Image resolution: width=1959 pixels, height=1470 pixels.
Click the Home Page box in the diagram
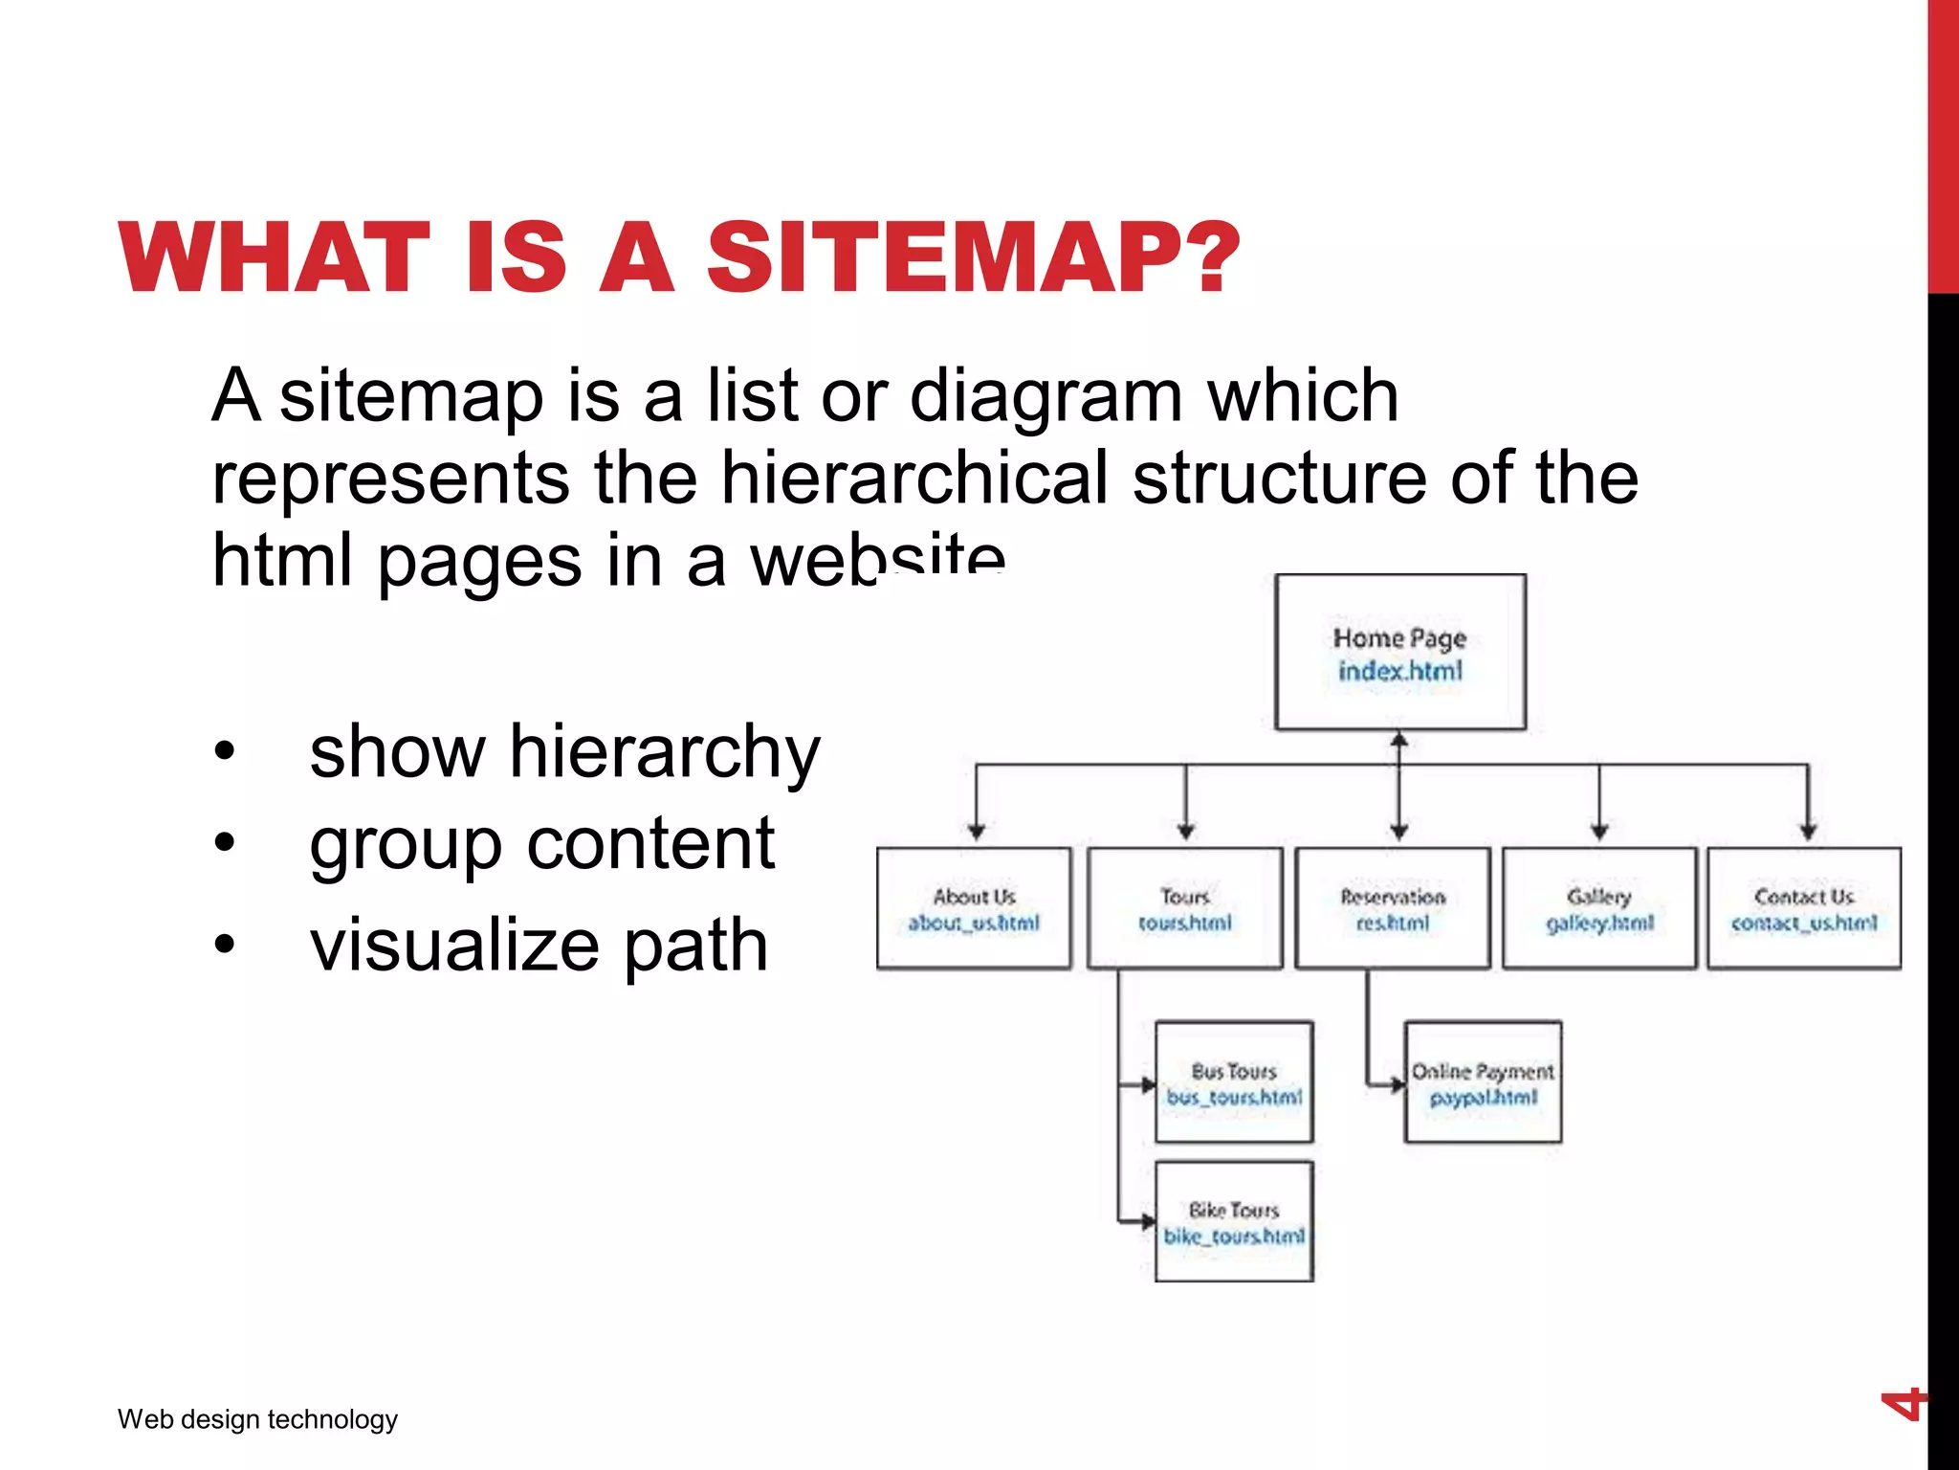click(1399, 652)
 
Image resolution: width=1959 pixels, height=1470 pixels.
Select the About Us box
click(974, 908)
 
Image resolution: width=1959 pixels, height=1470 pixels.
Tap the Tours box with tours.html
click(1184, 908)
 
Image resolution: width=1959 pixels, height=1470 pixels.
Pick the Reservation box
click(1393, 908)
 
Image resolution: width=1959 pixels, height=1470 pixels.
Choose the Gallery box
click(1599, 908)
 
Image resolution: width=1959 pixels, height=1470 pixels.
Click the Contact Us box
click(1804, 908)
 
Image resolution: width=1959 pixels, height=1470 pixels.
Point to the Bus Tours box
click(1234, 1082)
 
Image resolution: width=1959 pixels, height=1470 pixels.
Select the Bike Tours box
click(1234, 1222)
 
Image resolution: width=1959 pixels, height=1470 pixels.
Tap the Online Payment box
click(1483, 1082)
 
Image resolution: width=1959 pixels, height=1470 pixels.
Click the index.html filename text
click(1400, 671)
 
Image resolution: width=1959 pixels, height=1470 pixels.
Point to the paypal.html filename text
click(1484, 1097)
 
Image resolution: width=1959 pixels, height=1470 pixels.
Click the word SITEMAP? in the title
click(972, 257)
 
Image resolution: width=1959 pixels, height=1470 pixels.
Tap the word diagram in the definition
click(1046, 395)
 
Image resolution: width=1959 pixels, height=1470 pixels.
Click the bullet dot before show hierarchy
click(224, 752)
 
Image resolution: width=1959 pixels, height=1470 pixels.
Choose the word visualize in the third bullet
click(453, 945)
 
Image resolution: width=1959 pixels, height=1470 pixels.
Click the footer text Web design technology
click(257, 1418)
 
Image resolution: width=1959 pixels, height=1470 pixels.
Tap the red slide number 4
click(1903, 1405)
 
